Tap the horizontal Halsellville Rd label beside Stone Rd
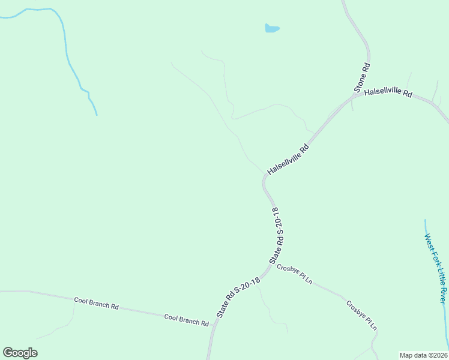[388, 93]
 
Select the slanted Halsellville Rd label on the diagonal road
[288, 159]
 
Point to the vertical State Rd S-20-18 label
[277, 235]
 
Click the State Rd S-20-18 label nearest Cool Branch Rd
[239, 296]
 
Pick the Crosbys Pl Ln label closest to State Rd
[295, 274]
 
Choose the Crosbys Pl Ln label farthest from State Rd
[361, 315]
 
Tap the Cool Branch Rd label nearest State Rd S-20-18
[186, 320]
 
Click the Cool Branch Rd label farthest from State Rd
[96, 302]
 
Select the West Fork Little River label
[436, 269]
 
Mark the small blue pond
[272, 28]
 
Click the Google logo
[20, 353]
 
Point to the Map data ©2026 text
[423, 355]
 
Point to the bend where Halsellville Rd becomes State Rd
[264, 179]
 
